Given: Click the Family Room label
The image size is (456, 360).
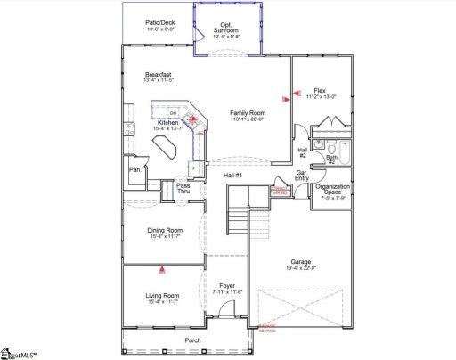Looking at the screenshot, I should point(248,112).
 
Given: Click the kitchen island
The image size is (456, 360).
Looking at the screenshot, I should point(167,153).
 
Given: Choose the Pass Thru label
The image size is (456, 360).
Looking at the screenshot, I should point(183,188).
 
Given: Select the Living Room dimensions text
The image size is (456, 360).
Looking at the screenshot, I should point(164,301).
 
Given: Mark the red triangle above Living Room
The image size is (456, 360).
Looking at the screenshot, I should point(161,268).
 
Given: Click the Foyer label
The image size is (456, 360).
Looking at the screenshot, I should point(227,286).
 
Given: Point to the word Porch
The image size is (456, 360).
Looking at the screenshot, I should point(192,340).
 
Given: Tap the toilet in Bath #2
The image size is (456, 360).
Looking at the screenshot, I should point(330,147).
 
